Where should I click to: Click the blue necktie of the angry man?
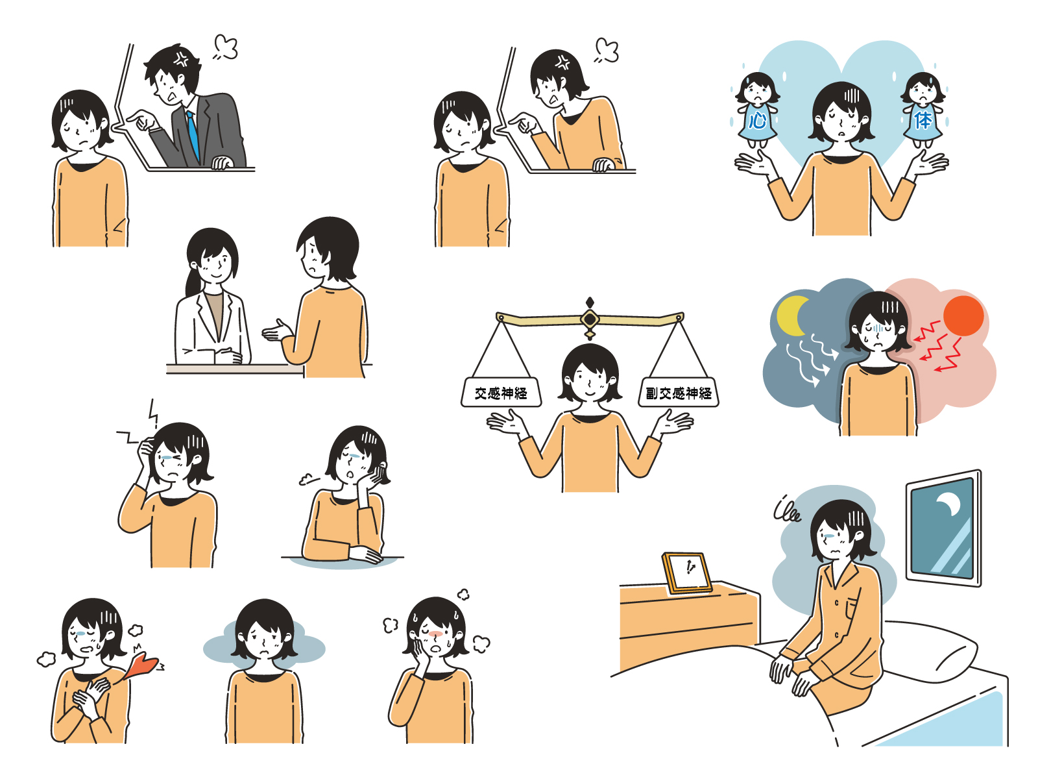[x=193, y=136]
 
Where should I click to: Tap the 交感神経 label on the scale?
[x=501, y=392]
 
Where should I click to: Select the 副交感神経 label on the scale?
[x=679, y=392]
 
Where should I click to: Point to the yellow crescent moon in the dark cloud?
[x=791, y=316]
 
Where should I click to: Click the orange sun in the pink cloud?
[x=963, y=316]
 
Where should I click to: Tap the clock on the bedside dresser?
[x=688, y=573]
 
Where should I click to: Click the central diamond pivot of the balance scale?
[x=590, y=319]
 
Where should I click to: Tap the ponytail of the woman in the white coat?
[x=194, y=282]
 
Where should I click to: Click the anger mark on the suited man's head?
[x=180, y=59]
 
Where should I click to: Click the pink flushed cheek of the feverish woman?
[x=435, y=634]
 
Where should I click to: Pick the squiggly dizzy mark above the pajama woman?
[x=786, y=509]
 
